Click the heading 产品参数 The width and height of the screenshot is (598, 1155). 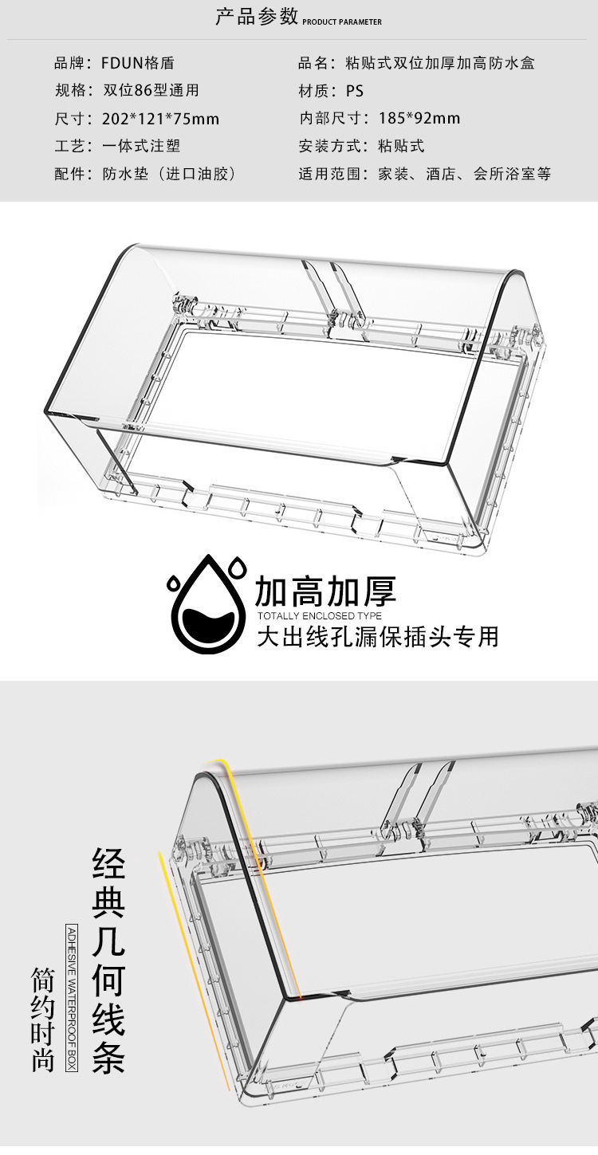point(257,17)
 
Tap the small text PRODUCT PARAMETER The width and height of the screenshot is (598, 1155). point(342,22)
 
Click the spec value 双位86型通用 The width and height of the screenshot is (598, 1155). point(151,91)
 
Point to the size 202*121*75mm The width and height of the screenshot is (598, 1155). point(160,119)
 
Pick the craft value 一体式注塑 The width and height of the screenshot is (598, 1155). point(141,146)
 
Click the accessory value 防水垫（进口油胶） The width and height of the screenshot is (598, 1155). point(170,174)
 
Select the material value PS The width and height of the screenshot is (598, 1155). point(355,91)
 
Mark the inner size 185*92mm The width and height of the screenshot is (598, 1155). point(419,119)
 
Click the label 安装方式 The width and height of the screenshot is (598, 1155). point(326,146)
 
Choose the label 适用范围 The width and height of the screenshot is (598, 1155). point(326,174)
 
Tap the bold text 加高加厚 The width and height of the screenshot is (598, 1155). point(325,591)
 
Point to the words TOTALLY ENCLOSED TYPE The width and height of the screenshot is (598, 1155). point(319,616)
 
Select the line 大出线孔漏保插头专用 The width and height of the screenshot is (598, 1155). point(377,636)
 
